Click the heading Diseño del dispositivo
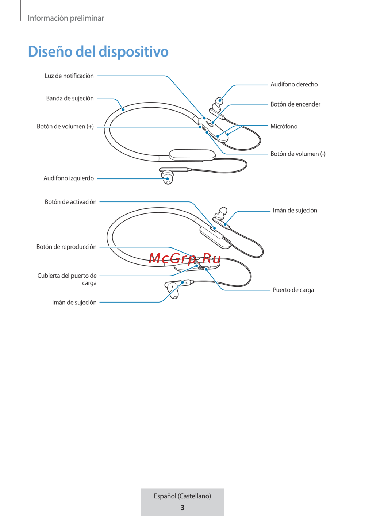click(x=98, y=51)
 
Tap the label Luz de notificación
click(x=69, y=76)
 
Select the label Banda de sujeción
click(x=70, y=99)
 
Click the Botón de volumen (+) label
click(x=65, y=127)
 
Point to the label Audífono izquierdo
click(x=69, y=178)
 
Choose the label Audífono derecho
click(x=294, y=85)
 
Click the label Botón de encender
click(x=295, y=104)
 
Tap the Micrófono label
click(x=284, y=127)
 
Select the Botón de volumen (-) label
click(x=298, y=154)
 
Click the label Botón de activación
click(x=70, y=202)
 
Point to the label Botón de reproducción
click(x=66, y=247)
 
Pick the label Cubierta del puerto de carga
click(x=67, y=279)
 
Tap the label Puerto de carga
click(x=293, y=290)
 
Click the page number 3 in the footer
click(x=182, y=507)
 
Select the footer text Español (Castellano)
click(x=182, y=496)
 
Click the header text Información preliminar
click(x=66, y=18)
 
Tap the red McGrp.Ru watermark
click(x=185, y=258)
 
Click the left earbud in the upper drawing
click(x=168, y=177)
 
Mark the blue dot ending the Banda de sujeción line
click(x=123, y=109)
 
